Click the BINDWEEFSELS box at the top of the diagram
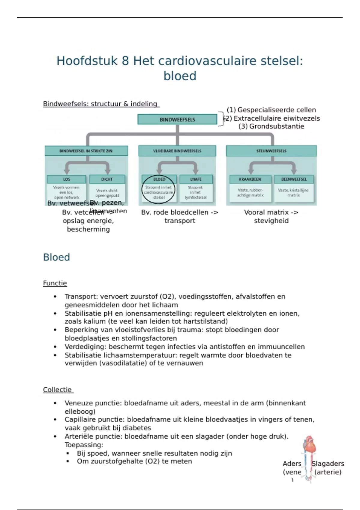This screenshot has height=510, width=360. (x=177, y=119)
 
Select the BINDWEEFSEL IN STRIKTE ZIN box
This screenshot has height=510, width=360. (x=86, y=151)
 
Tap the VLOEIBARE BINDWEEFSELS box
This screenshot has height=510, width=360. (x=177, y=151)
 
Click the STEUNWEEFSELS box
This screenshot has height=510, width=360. (x=271, y=151)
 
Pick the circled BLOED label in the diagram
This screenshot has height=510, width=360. (x=159, y=179)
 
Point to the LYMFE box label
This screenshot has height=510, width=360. (x=196, y=179)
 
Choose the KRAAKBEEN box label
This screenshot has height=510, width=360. (x=250, y=179)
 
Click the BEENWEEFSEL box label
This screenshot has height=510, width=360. (x=294, y=179)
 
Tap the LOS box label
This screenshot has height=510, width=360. (x=67, y=179)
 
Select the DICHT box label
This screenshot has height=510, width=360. (x=107, y=179)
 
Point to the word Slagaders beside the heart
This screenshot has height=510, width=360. (x=328, y=464)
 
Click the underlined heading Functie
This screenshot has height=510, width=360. (x=55, y=283)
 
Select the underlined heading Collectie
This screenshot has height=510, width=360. (x=57, y=390)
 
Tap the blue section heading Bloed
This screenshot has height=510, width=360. (x=56, y=257)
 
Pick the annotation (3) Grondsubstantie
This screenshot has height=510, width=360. (x=271, y=126)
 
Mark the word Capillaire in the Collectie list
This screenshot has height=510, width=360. (x=79, y=419)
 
